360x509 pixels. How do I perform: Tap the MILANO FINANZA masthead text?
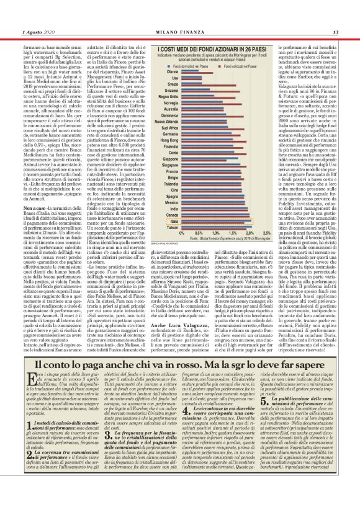pos(180,14)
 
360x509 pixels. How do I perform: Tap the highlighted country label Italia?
pos(170,220)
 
